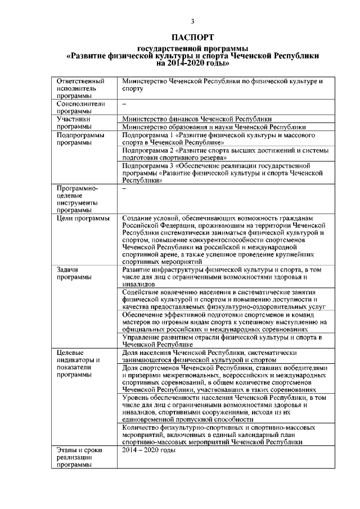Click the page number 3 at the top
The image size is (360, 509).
[x=192, y=22]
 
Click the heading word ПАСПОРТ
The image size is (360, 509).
[x=192, y=38]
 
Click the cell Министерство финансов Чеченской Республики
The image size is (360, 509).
[x=197, y=119]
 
